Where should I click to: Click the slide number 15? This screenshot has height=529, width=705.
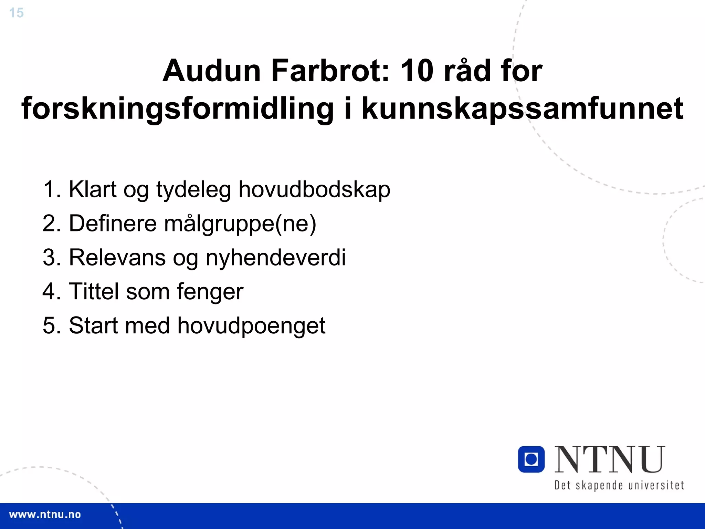tap(16, 13)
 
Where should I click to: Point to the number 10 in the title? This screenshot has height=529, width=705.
tap(417, 71)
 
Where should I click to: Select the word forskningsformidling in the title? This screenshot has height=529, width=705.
tap(178, 108)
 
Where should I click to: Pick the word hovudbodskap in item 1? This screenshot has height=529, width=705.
tap(314, 189)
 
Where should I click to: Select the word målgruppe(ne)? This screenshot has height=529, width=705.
tap(240, 224)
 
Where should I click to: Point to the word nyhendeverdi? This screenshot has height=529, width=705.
tap(275, 258)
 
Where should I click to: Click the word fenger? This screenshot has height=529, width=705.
tap(210, 291)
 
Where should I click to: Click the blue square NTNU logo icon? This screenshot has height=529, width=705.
tap(531, 459)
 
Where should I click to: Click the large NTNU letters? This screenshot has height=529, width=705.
tap(610, 459)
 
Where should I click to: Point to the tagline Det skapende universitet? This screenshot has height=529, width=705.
tap(619, 485)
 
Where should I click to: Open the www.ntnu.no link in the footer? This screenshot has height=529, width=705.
tap(45, 515)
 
